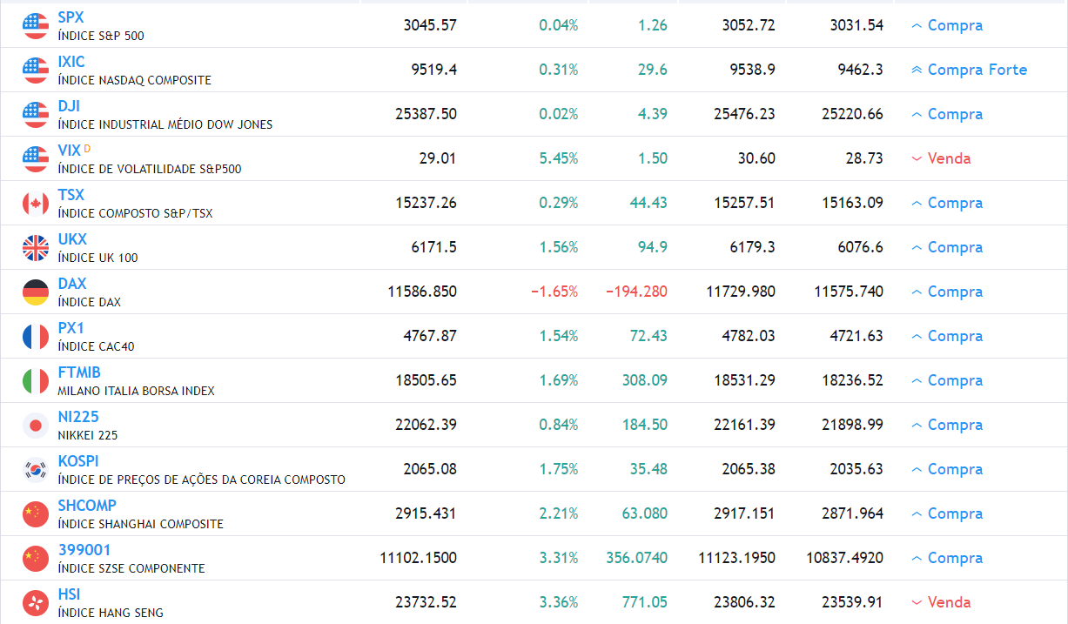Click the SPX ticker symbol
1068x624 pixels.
71,17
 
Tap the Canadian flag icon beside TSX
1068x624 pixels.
36,204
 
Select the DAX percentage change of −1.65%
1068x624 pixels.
554,292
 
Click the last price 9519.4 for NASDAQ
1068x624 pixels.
433,70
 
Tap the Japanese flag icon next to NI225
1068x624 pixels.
36,426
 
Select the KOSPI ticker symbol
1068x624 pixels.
78,461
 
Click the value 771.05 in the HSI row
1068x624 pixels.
644,602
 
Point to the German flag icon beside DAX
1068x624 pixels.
36,292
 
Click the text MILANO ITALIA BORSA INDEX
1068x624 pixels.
136,391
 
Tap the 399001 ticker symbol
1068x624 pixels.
84,550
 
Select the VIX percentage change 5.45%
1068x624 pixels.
558,158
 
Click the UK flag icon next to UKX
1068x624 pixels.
36,248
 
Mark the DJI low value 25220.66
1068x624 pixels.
851,114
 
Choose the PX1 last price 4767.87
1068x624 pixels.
429,336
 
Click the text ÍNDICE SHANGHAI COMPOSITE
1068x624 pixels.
140,524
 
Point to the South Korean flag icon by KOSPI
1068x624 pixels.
36,470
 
